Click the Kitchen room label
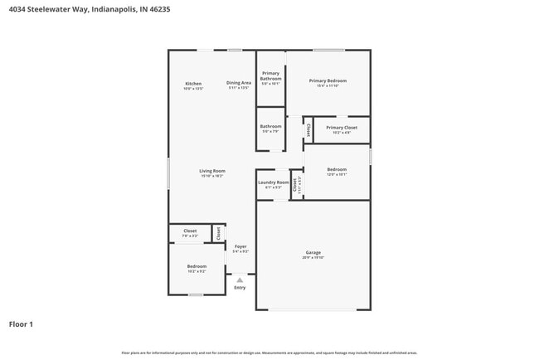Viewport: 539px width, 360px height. coord(193,84)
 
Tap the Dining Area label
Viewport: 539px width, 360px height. coord(239,84)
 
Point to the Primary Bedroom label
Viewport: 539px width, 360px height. coord(328,80)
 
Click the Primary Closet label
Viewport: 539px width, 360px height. coord(342,128)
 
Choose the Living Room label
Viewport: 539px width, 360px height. coord(212,171)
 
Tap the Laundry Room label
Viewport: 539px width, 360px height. coord(273,182)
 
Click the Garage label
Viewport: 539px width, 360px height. coord(313,252)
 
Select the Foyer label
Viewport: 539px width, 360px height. coord(240,246)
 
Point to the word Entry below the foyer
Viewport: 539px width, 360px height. coord(240,288)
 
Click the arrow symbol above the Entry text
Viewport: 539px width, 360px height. coord(240,280)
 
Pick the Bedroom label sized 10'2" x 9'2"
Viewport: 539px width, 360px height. coord(197,266)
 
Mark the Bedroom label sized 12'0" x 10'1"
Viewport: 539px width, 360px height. coord(336,169)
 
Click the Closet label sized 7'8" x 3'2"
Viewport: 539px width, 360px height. coord(190,231)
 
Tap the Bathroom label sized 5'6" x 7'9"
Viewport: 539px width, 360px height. coord(271,126)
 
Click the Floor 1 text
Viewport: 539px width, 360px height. coord(21,324)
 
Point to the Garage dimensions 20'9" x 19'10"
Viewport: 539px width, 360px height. coord(313,258)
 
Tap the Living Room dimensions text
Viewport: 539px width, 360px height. coord(212,176)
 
